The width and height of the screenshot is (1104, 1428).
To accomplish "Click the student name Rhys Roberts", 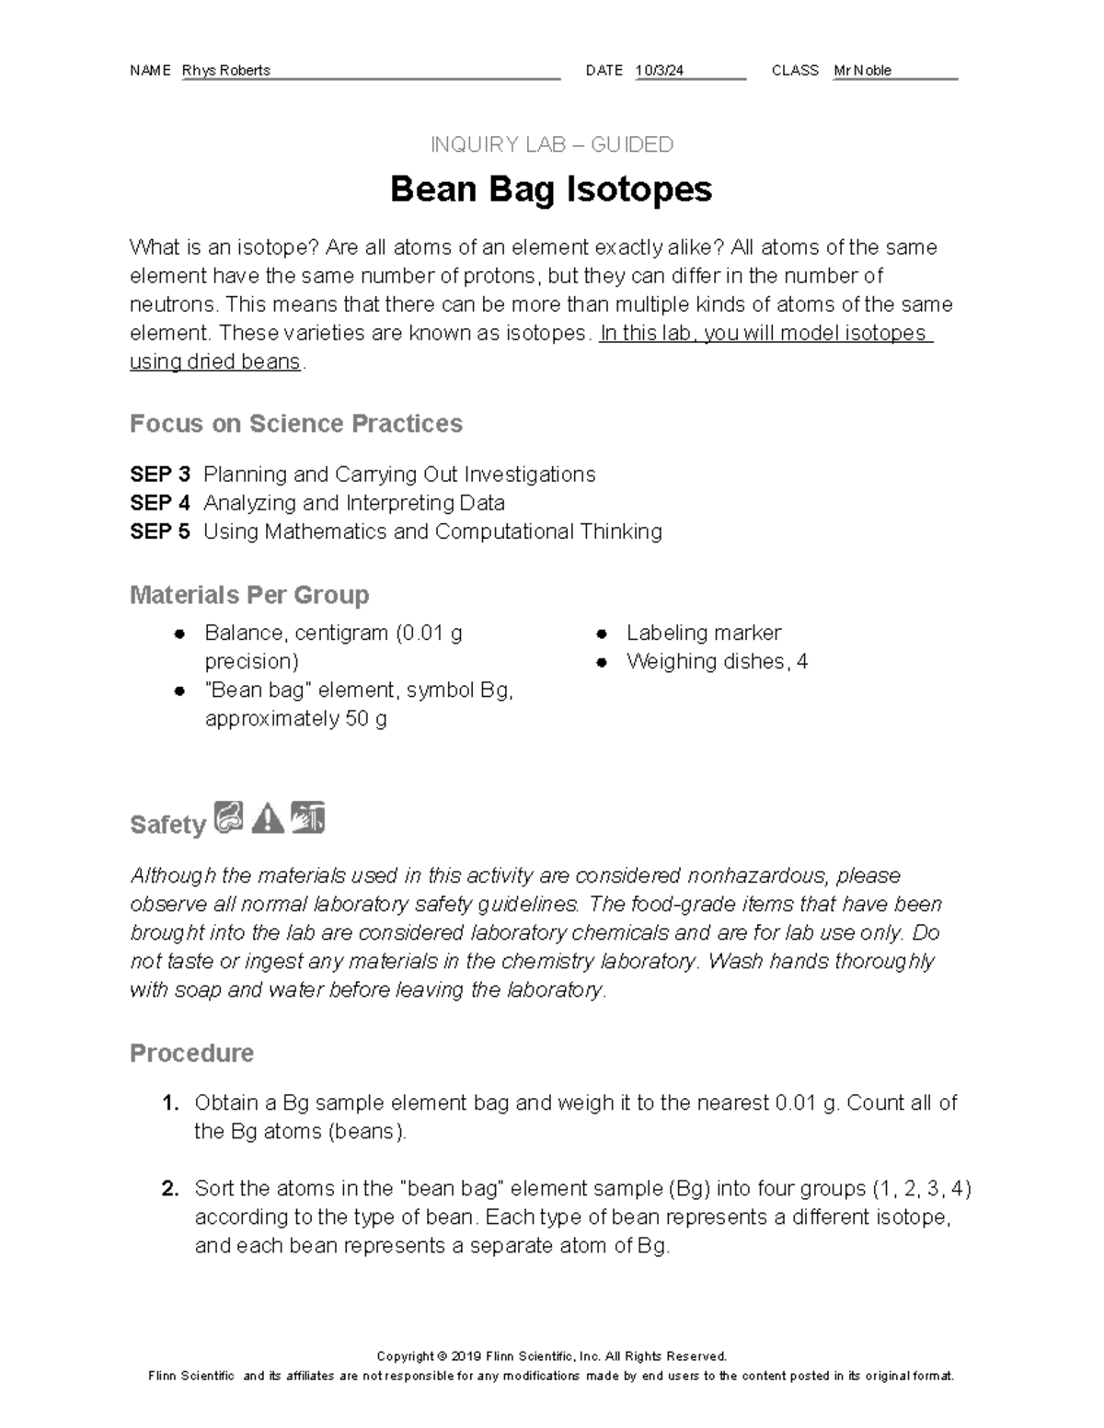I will pyautogui.click(x=226, y=71).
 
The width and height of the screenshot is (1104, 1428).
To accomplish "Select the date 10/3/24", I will pyautogui.click(x=660, y=71).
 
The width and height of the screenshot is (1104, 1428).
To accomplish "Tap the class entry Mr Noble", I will pyautogui.click(x=862, y=71).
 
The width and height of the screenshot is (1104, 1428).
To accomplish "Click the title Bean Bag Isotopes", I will pyautogui.click(x=551, y=189).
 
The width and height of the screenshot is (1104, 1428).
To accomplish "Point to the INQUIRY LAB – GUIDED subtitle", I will pyautogui.click(x=551, y=144).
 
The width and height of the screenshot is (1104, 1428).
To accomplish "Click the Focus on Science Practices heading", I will pyautogui.click(x=295, y=424).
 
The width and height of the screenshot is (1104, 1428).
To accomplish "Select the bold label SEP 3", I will pyautogui.click(x=160, y=474).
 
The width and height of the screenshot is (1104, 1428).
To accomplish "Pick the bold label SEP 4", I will pyautogui.click(x=160, y=503).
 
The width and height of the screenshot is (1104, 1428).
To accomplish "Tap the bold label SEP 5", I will pyautogui.click(x=160, y=531).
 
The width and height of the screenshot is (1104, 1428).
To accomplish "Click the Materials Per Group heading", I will pyautogui.click(x=249, y=595).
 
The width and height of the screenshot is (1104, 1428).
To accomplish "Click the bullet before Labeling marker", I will pyautogui.click(x=601, y=634).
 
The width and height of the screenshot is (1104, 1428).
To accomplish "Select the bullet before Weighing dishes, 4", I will pyautogui.click(x=601, y=662).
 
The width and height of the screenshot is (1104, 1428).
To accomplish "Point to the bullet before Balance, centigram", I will pyautogui.click(x=179, y=634).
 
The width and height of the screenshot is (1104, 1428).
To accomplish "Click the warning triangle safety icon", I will pyautogui.click(x=268, y=817).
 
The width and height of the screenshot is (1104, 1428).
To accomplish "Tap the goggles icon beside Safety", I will pyautogui.click(x=228, y=817).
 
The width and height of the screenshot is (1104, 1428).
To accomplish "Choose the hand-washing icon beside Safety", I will pyautogui.click(x=307, y=817).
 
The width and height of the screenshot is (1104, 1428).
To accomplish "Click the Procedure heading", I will pyautogui.click(x=191, y=1053).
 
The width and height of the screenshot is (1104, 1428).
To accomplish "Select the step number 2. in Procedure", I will pyautogui.click(x=170, y=1189).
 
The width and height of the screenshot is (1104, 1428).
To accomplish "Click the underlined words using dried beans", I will pyautogui.click(x=215, y=362).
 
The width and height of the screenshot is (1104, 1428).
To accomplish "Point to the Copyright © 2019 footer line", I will pyautogui.click(x=551, y=1356).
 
